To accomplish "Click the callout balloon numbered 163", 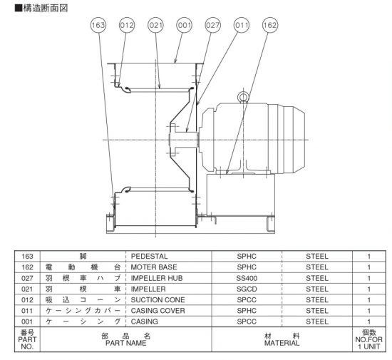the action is pos(98,25).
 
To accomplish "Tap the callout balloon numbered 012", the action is pos(127,25).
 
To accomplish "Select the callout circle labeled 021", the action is pos(155,25).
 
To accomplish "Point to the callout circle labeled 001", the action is pos(185,25).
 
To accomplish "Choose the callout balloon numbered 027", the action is pos(213,25).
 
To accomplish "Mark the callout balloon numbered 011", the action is pos(242,25).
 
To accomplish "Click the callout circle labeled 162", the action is pos(270,25).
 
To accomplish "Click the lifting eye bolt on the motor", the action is pos(243,97).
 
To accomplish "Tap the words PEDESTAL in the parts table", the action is pos(149,256).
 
